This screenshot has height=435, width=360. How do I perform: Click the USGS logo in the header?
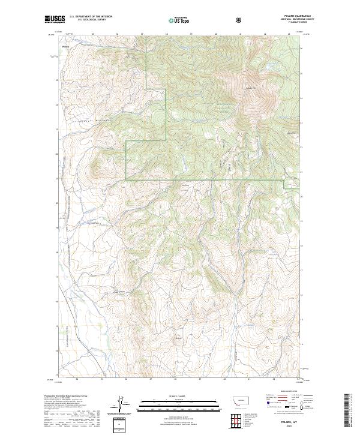[x=55, y=20]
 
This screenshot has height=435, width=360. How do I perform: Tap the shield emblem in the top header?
[x=240, y=20]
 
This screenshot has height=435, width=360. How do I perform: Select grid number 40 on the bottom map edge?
[x=224, y=379]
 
